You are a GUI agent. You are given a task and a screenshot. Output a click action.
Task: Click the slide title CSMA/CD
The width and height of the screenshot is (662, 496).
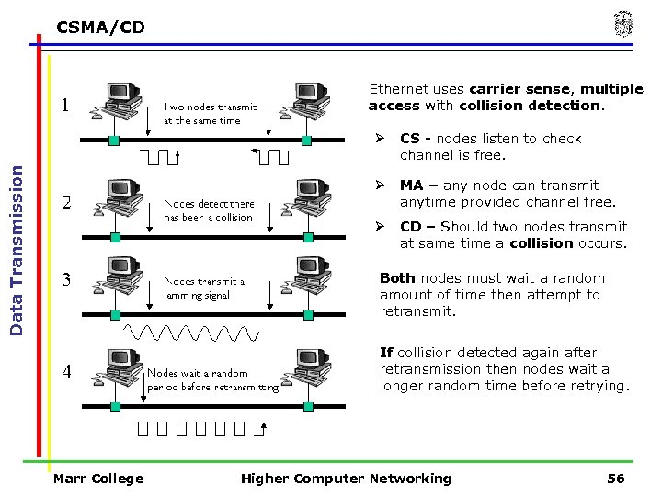100,28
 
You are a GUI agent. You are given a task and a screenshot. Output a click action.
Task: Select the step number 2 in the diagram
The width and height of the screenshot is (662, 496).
67,202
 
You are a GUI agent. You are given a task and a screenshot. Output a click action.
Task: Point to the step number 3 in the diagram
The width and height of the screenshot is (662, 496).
67,279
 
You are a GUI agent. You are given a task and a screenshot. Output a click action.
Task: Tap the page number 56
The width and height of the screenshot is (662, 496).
615,478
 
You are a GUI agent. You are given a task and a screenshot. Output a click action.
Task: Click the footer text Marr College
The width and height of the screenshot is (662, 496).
98,478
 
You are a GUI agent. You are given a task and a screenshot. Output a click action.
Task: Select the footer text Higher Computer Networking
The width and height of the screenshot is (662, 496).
346,478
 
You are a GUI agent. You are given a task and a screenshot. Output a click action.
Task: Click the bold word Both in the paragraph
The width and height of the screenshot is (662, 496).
397,278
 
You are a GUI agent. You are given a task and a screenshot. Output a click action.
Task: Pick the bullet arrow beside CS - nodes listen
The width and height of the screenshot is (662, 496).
378,139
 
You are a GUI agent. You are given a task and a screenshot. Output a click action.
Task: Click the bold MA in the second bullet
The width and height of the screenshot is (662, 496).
410,186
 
